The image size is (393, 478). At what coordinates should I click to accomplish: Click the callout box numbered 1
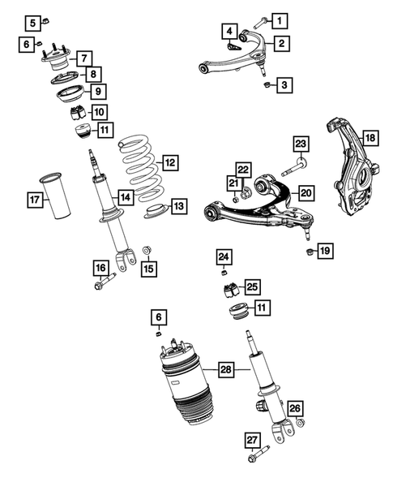click(280, 19)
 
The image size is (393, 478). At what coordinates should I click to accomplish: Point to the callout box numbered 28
click(224, 369)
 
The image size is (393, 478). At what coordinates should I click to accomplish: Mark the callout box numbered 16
click(100, 268)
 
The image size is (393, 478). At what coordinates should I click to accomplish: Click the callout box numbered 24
click(224, 258)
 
